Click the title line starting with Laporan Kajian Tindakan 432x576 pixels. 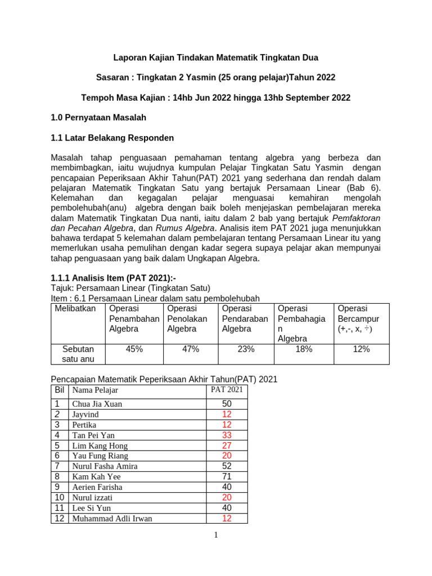coord(216,57)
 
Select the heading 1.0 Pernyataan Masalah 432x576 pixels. coord(98,118)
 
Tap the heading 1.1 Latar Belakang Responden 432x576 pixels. coord(112,138)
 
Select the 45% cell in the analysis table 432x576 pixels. coord(134,349)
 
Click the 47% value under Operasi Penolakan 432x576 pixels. coord(191,349)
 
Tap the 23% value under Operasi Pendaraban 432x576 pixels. coord(246,349)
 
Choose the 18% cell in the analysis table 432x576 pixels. coord(303,349)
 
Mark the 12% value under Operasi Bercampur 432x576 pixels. coord(361,349)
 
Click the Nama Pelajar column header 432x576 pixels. coord(95,390)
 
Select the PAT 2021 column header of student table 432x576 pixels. coord(227,390)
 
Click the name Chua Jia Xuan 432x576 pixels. coord(97,404)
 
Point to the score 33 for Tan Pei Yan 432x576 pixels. coord(227,435)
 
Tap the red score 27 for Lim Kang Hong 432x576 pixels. coord(227,445)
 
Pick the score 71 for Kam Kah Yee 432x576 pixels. coord(227,476)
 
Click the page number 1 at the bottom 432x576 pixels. coord(215,535)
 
